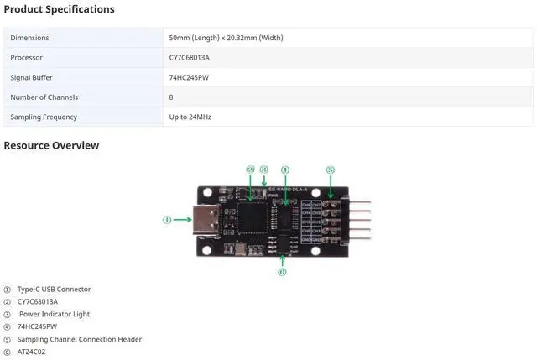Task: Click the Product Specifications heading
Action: [59, 9]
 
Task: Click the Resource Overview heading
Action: [51, 145]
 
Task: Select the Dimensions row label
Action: [29, 38]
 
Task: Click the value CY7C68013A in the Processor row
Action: [189, 58]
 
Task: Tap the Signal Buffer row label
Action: [32, 77]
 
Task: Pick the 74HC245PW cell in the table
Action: [188, 77]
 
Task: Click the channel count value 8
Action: [172, 97]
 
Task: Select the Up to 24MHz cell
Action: [190, 117]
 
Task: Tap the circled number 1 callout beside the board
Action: [167, 220]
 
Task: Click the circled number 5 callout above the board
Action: [331, 170]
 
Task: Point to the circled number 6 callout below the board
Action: [282, 271]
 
